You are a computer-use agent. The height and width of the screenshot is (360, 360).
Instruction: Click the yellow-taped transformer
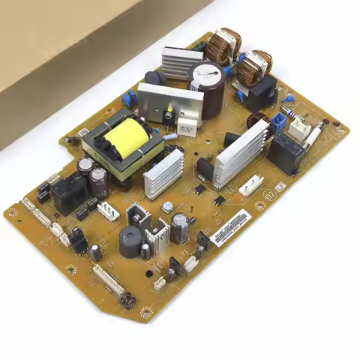pyautogui.click(x=126, y=138)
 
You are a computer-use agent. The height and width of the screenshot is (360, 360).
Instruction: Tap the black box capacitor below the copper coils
pyautogui.click(x=262, y=95)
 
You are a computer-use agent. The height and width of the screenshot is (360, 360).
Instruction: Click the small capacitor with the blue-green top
pyautogui.click(x=168, y=205)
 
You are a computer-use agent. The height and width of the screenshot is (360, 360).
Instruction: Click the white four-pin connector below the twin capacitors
pyautogui.click(x=108, y=211)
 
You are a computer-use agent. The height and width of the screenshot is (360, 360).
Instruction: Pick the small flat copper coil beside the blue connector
pyautogui.click(x=259, y=122)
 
